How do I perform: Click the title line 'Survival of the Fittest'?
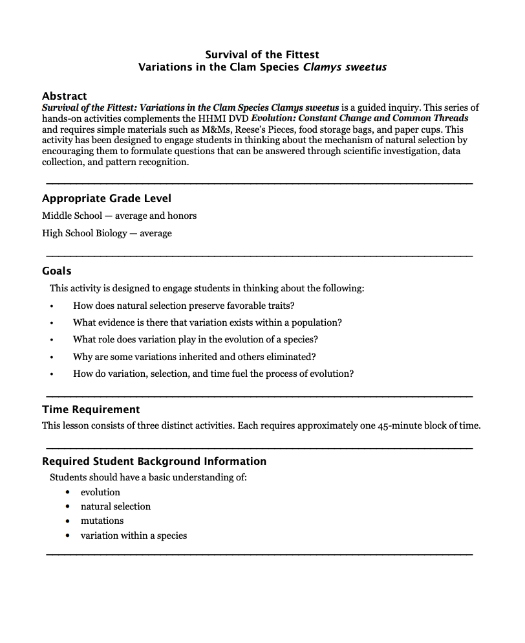tap(262, 54)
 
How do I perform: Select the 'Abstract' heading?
tap(64, 96)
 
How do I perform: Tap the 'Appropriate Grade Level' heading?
tap(107, 198)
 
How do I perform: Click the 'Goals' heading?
tap(57, 271)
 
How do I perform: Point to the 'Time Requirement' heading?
tap(91, 409)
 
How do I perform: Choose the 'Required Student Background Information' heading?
tap(154, 461)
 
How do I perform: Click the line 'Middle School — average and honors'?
tap(119, 216)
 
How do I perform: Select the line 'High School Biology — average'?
tap(107, 233)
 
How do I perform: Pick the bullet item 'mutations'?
tap(102, 521)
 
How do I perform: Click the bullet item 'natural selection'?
tap(115, 506)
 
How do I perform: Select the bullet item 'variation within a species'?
tap(133, 536)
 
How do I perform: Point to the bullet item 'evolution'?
tap(100, 492)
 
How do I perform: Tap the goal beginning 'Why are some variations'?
tap(194, 357)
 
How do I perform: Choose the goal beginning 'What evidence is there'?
tap(207, 322)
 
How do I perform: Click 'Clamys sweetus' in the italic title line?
tap(345, 67)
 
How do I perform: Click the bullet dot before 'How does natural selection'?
tap(51, 306)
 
